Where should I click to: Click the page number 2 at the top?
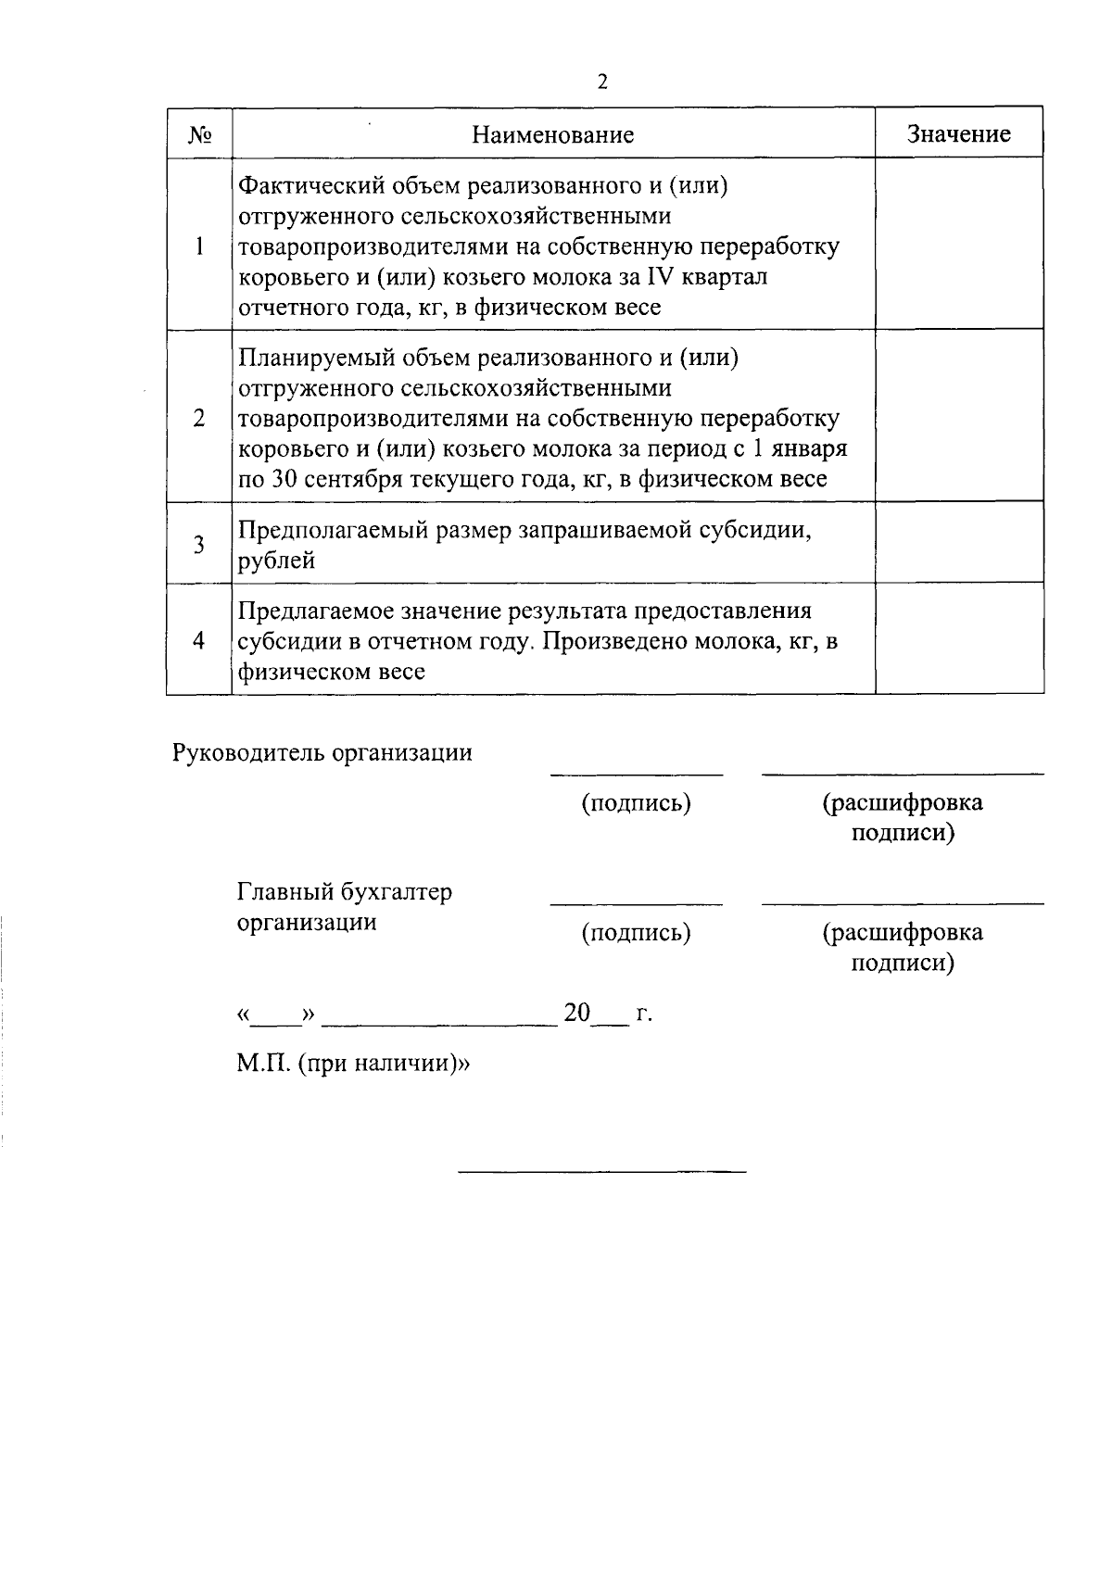click(602, 82)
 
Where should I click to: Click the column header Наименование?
click(552, 135)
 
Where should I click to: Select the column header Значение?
click(958, 134)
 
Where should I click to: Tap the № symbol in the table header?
click(200, 135)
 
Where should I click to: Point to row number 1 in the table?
click(199, 246)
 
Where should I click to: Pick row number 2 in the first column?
click(199, 418)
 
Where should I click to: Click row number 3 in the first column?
click(199, 545)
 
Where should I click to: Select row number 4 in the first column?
click(199, 641)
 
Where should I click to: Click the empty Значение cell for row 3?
click(958, 543)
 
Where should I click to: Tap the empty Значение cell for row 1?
click(958, 245)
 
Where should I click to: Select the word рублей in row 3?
click(276, 561)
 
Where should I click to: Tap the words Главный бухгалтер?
click(345, 893)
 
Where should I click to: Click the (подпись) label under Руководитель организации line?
click(636, 803)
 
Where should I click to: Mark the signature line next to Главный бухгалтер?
click(636, 901)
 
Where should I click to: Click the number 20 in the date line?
click(576, 1013)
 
